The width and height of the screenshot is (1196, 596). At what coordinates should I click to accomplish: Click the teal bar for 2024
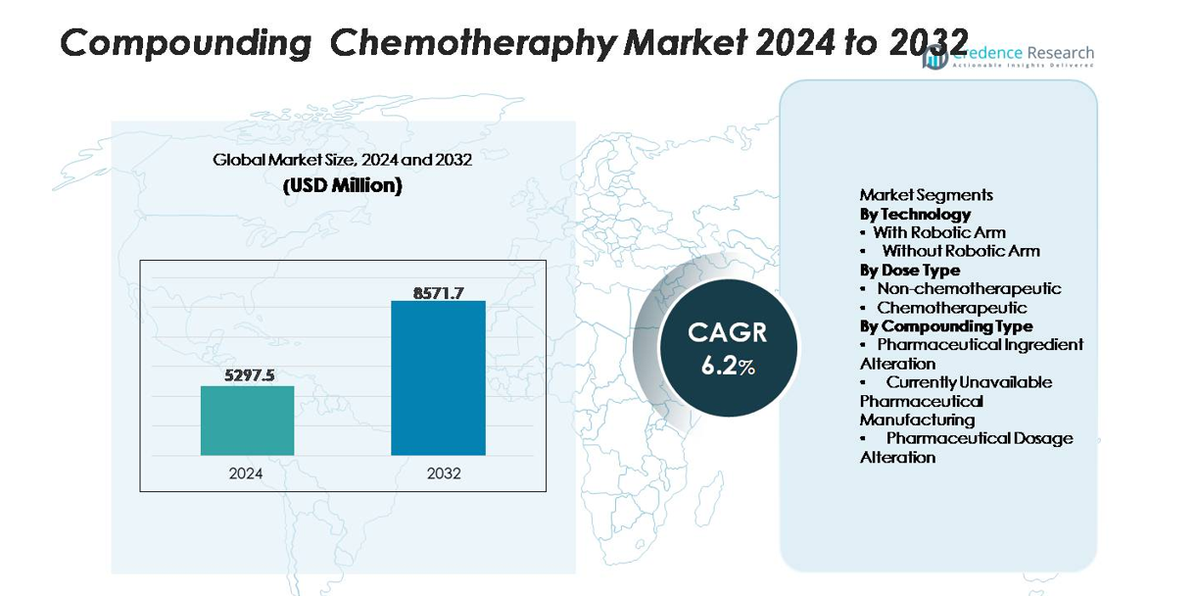247,421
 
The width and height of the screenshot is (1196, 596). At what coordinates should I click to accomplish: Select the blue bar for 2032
438,377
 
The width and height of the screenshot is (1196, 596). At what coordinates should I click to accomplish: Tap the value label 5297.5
247,374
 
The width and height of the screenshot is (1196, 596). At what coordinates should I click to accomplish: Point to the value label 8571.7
438,291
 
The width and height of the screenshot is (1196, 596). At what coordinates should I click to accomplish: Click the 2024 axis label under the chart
246,473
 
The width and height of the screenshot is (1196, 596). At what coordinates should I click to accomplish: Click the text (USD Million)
342,185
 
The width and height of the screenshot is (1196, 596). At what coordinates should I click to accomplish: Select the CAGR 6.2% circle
727,347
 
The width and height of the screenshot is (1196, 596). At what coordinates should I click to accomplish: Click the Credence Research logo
1009,56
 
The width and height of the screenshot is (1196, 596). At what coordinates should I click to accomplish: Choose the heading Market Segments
926,195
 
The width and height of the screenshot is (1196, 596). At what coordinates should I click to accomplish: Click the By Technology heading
915,214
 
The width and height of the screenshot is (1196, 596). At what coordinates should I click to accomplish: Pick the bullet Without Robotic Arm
960,251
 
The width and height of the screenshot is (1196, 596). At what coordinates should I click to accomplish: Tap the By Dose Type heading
910,270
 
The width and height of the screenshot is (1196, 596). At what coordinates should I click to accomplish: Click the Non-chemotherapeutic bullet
968,288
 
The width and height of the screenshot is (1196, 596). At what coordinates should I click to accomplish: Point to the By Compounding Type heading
945,325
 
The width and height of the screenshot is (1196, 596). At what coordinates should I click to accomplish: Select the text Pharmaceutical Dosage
979,438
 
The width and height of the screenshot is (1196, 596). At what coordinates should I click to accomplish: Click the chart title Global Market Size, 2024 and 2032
342,160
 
